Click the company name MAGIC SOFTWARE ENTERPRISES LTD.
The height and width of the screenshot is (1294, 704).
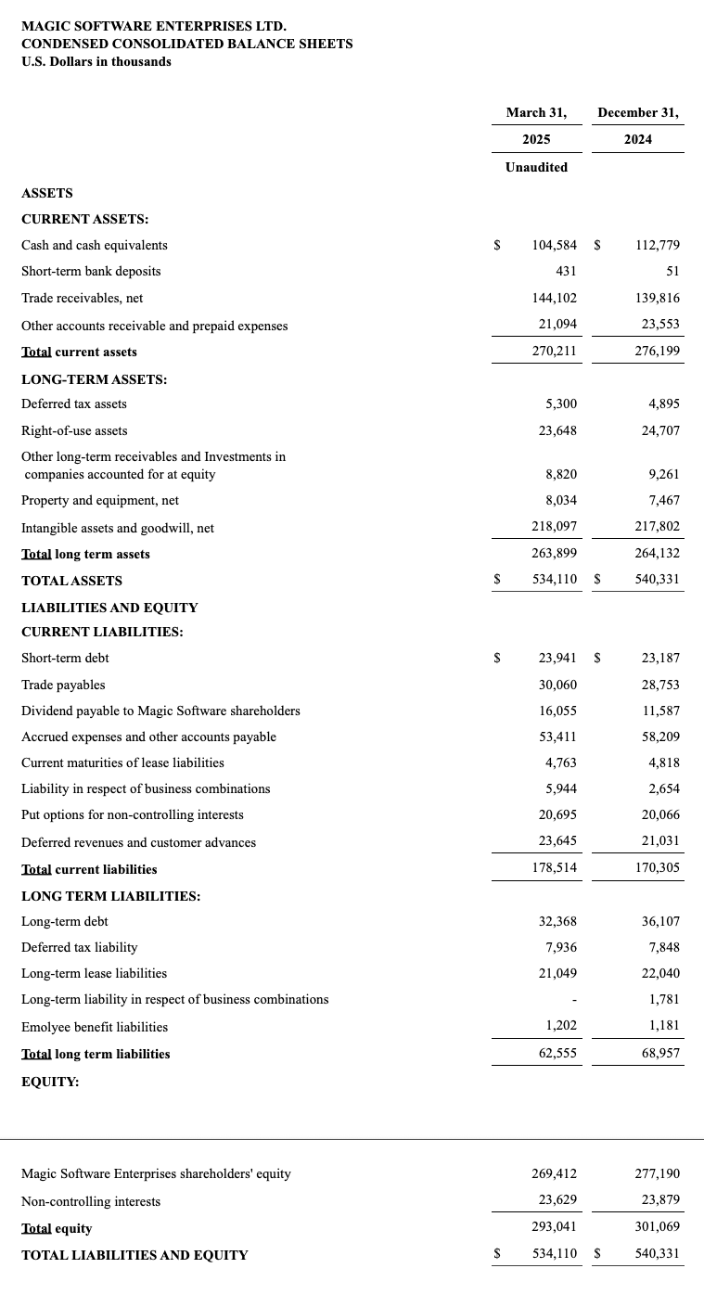(154, 26)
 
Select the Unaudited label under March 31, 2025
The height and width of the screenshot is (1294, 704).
(536, 167)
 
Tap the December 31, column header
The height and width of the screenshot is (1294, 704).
(638, 112)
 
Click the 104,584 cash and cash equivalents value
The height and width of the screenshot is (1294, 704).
(554, 245)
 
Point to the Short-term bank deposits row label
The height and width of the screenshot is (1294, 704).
(91, 271)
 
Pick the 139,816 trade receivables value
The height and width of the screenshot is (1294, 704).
(658, 298)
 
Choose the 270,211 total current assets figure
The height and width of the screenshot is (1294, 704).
(554, 352)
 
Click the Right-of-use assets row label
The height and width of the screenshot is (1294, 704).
(74, 430)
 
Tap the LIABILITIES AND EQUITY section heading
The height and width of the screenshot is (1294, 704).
(109, 608)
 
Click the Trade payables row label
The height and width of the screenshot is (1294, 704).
(63, 685)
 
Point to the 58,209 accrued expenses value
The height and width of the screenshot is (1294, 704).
(660, 737)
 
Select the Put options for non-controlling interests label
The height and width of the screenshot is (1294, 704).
(133, 814)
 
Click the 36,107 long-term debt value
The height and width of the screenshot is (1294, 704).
(660, 921)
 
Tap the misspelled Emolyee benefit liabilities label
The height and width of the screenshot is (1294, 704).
(95, 1027)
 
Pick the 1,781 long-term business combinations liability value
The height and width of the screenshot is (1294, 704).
(664, 999)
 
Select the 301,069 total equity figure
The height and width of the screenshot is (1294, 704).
(658, 1227)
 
